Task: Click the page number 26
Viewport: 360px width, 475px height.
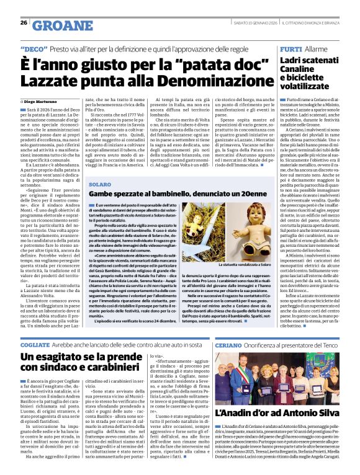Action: (x=24, y=23)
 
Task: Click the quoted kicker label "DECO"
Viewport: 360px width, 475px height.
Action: (x=35, y=48)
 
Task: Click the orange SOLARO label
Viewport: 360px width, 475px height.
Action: (x=100, y=185)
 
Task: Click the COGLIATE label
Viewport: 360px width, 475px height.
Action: (x=34, y=345)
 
